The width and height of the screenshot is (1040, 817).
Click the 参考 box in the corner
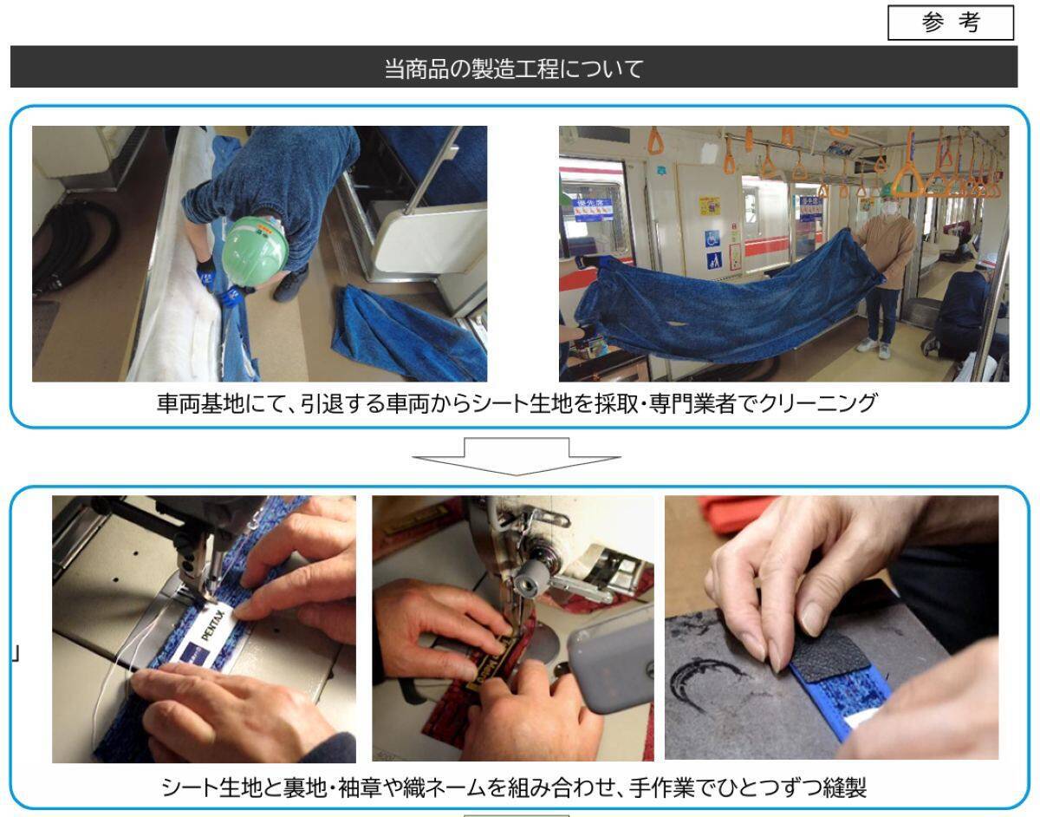pyautogui.click(x=951, y=23)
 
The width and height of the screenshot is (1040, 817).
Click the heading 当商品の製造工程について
pyautogui.click(x=513, y=68)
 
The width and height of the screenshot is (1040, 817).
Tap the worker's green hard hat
pyautogui.click(x=255, y=245)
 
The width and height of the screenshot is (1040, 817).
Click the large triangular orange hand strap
pyautogui.click(x=907, y=178)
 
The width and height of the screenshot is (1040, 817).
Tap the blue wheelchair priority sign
pyautogui.click(x=713, y=239)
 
